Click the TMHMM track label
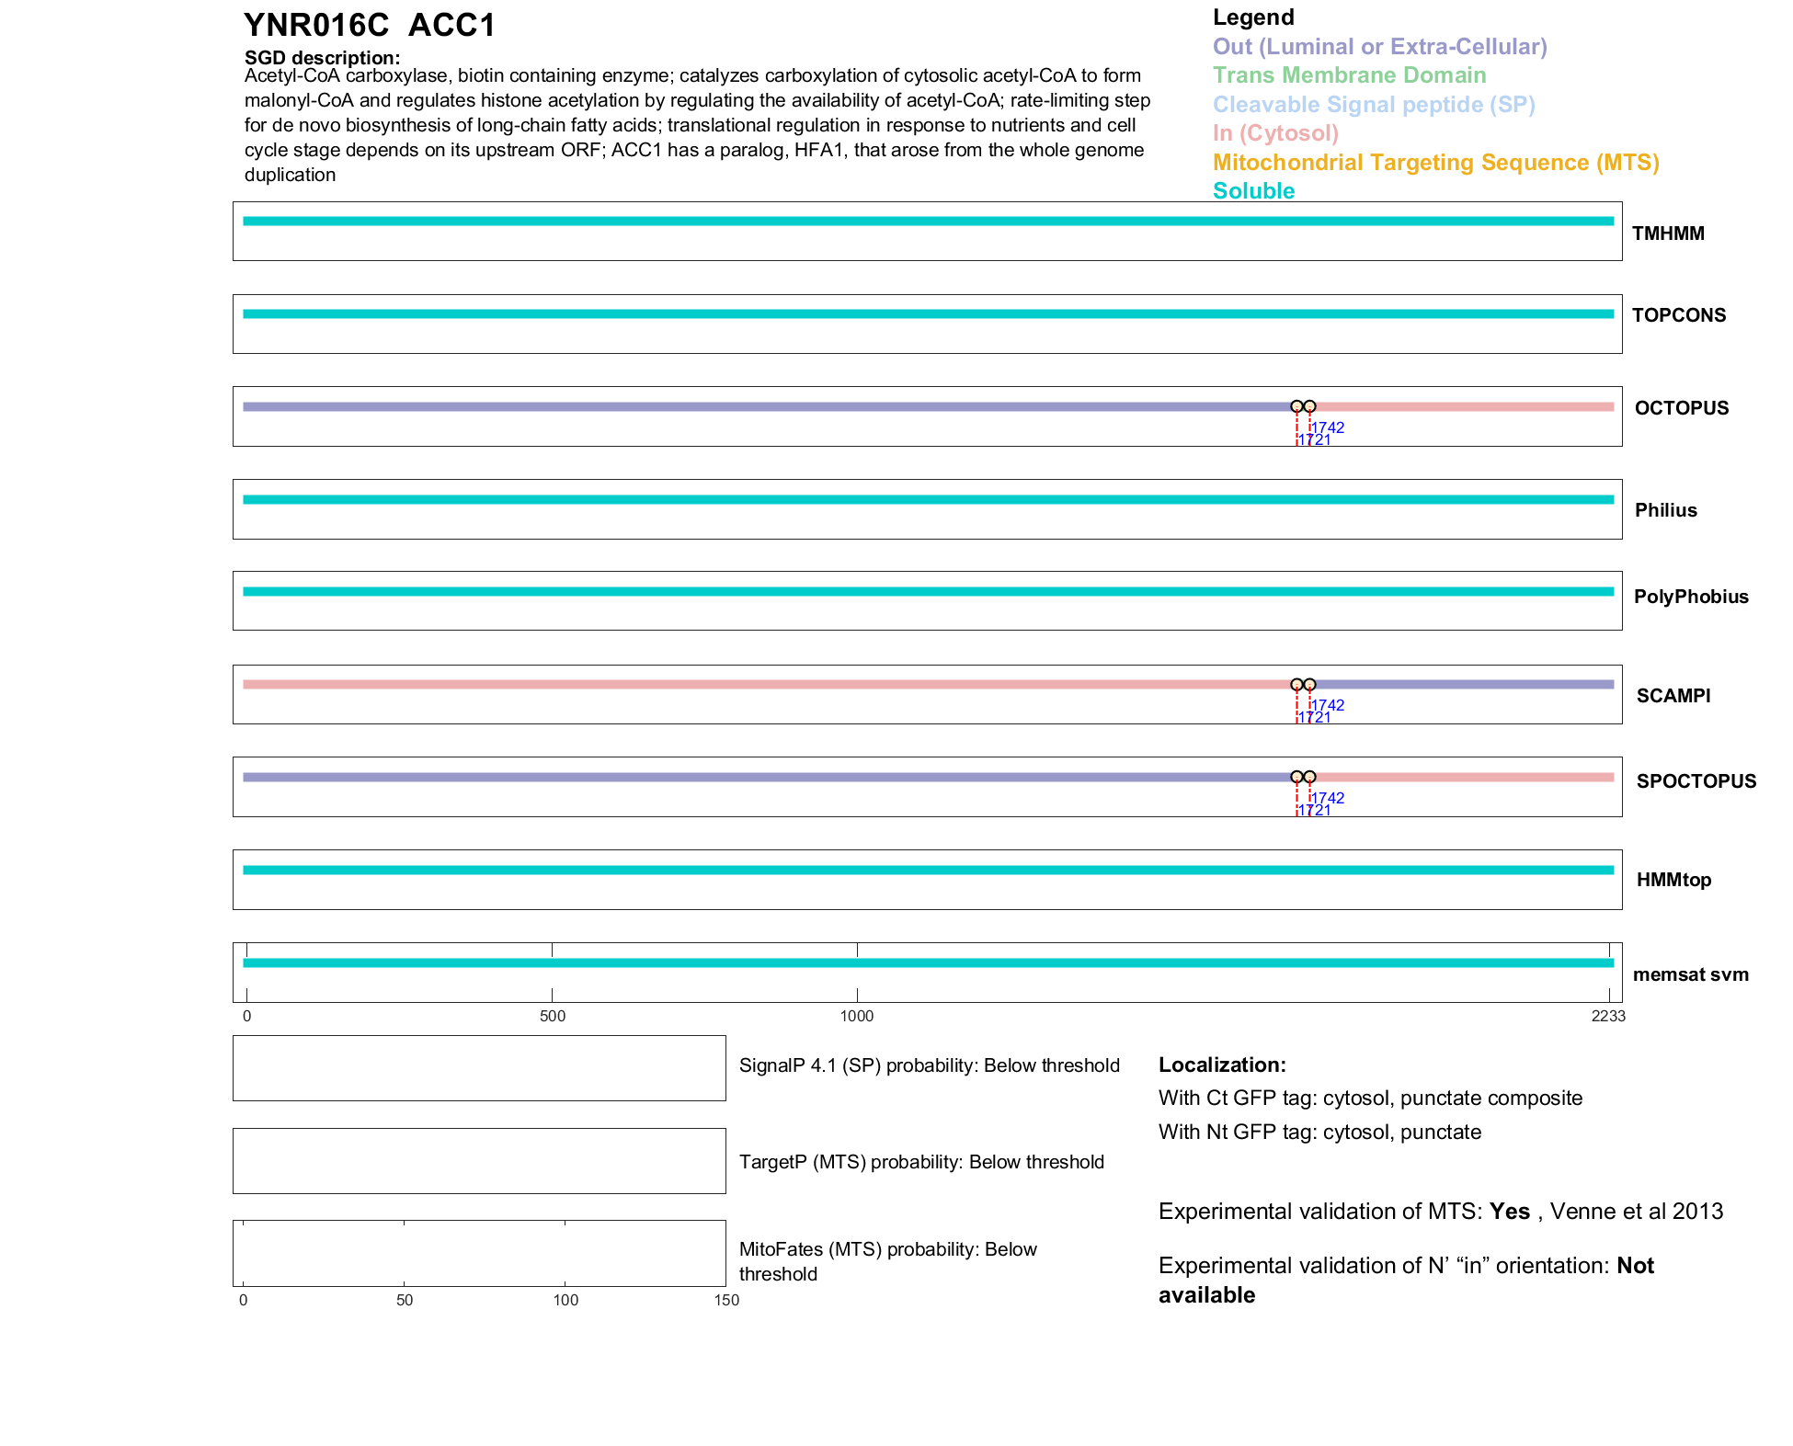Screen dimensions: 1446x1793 (1667, 233)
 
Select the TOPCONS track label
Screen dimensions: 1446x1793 (1678, 315)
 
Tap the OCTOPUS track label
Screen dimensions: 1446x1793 (1681, 408)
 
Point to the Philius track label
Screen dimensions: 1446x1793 (1665, 510)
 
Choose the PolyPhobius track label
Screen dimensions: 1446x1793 (1690, 597)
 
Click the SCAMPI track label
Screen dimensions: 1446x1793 (1673, 696)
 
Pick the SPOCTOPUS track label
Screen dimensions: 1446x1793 (1696, 781)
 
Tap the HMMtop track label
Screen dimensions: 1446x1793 (1673, 880)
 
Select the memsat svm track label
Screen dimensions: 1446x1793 (1690, 974)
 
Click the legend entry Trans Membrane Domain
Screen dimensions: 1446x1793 (1349, 75)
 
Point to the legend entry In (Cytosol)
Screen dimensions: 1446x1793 (1275, 133)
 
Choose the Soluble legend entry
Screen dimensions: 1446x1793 (1253, 191)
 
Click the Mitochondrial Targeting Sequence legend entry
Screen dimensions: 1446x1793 (1435, 163)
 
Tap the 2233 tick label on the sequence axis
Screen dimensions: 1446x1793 (1608, 1016)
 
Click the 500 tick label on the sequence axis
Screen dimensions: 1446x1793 (553, 1016)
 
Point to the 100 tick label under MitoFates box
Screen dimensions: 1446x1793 (565, 1300)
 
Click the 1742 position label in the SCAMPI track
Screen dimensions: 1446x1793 (1329, 705)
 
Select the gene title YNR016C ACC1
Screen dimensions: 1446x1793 (370, 26)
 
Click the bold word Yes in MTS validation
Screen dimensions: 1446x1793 (1510, 1212)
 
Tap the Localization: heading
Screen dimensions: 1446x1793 (1222, 1065)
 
